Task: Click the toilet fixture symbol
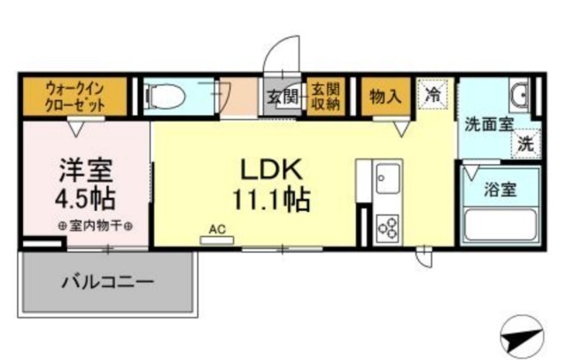165,97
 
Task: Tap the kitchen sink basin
388,178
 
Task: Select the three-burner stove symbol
388,228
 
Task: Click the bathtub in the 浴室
500,224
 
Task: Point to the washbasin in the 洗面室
519,95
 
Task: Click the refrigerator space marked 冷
433,95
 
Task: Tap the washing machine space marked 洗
525,144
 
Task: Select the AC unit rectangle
217,240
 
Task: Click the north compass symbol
522,336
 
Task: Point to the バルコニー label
107,281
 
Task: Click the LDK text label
272,170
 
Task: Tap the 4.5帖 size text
85,199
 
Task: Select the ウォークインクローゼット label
75,97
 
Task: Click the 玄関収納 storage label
325,97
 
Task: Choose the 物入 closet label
385,97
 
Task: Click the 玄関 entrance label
283,97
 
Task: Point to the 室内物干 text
96,226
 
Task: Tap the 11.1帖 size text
272,200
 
